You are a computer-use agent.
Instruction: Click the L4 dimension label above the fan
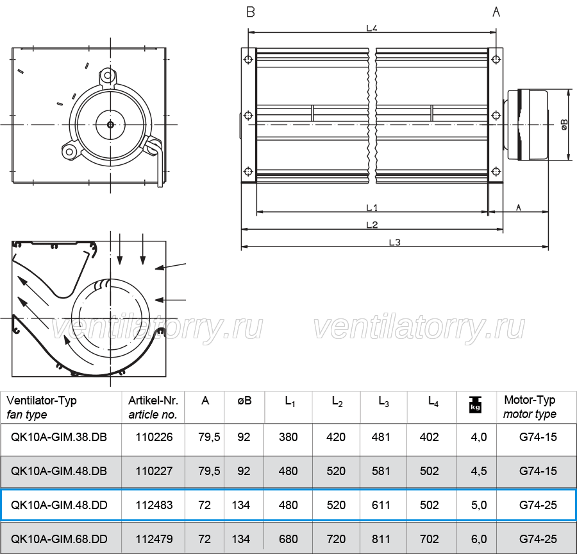(x=372, y=28)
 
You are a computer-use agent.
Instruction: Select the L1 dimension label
(x=372, y=208)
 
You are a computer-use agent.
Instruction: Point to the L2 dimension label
(x=372, y=225)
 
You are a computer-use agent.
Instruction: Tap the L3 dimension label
(x=394, y=243)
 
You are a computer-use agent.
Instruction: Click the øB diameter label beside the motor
(x=564, y=125)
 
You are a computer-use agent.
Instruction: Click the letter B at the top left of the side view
(x=251, y=12)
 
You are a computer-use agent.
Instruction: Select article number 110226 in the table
(x=154, y=437)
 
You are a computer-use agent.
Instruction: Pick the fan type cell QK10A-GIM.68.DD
(x=59, y=539)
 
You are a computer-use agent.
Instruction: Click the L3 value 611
(x=381, y=505)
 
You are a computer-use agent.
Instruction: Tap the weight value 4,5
(x=479, y=471)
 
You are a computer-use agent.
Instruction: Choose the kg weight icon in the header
(x=475, y=404)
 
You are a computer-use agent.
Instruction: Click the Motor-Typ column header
(x=530, y=406)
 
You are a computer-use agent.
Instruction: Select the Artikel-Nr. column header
(x=153, y=407)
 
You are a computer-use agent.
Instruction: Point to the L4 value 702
(x=430, y=539)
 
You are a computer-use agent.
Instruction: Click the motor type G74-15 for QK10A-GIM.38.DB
(x=538, y=437)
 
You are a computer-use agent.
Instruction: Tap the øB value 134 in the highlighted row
(x=241, y=505)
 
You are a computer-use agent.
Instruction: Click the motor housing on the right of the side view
(x=528, y=125)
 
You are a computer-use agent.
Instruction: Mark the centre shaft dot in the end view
(x=110, y=125)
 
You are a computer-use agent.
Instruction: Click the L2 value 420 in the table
(x=336, y=437)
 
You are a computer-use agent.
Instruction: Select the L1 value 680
(x=288, y=539)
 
